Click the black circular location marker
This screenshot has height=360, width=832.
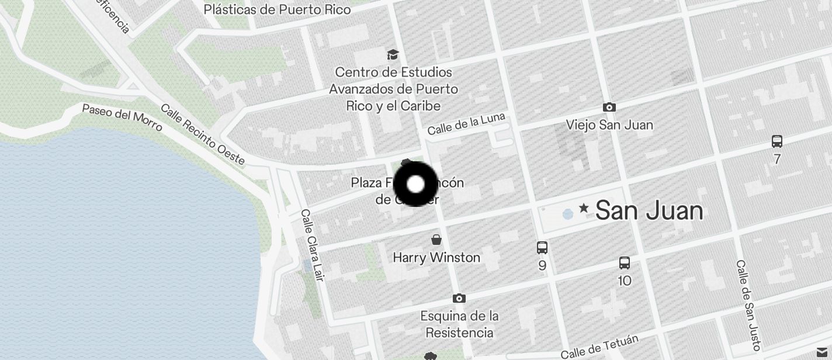pos(415,184)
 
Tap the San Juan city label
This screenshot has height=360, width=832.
pos(649,210)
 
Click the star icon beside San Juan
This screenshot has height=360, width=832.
pos(583,208)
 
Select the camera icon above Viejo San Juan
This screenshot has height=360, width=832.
pos(609,108)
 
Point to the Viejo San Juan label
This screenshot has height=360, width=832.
pos(609,125)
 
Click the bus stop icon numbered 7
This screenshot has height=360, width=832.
pos(776,141)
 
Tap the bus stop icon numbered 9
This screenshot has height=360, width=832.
pos(542,248)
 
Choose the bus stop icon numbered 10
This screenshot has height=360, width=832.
pos(624,263)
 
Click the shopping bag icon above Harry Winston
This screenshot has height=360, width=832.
pos(436,240)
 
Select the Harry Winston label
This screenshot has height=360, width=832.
pos(436,257)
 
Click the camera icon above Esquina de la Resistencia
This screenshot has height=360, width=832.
pos(459,299)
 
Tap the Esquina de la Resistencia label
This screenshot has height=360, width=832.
pos(459,324)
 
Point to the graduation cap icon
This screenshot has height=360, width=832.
pos(393,55)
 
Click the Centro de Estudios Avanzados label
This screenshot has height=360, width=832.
pos(393,89)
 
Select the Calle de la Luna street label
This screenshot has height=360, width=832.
pos(466,124)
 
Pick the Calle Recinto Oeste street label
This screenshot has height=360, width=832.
pos(202,135)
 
